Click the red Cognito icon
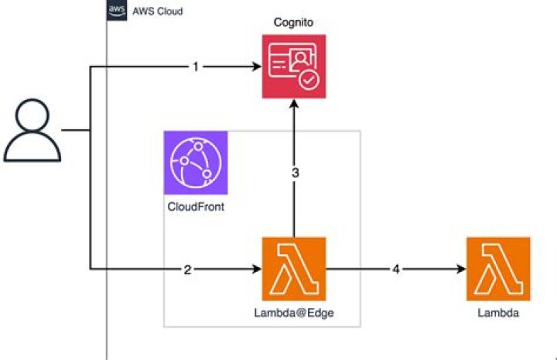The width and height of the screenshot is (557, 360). point(293,66)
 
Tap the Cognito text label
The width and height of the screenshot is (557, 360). point(292,22)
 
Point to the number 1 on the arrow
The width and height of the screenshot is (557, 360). point(196,67)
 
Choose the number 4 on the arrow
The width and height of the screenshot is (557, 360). point(397,269)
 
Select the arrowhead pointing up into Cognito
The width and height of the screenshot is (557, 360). point(294,105)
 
